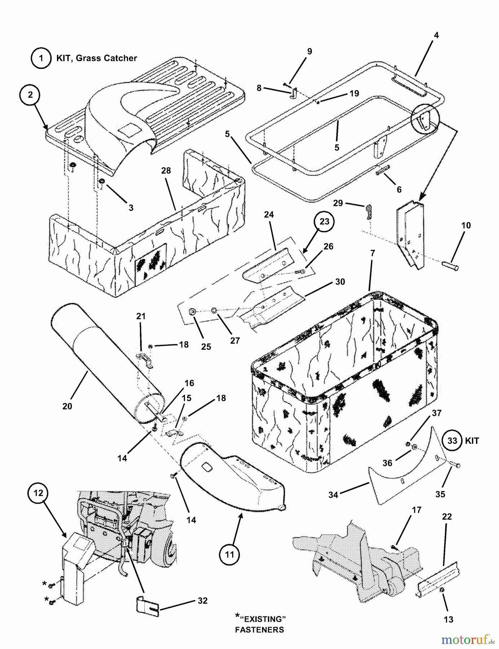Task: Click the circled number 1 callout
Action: tap(41, 58)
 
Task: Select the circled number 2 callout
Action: tap(30, 94)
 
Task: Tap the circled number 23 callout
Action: tap(324, 221)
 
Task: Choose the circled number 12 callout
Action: tap(39, 493)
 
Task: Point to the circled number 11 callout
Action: tap(230, 555)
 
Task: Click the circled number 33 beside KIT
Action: tap(452, 441)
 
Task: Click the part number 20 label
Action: tap(67, 406)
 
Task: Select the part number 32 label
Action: tap(203, 601)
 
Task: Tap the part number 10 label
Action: tap(466, 225)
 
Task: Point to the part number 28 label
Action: tap(166, 170)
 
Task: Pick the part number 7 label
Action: tap(372, 253)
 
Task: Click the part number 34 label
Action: tap(333, 495)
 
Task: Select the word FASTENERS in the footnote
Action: tap(259, 630)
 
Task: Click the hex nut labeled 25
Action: tap(193, 311)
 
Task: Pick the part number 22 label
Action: tap(447, 517)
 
